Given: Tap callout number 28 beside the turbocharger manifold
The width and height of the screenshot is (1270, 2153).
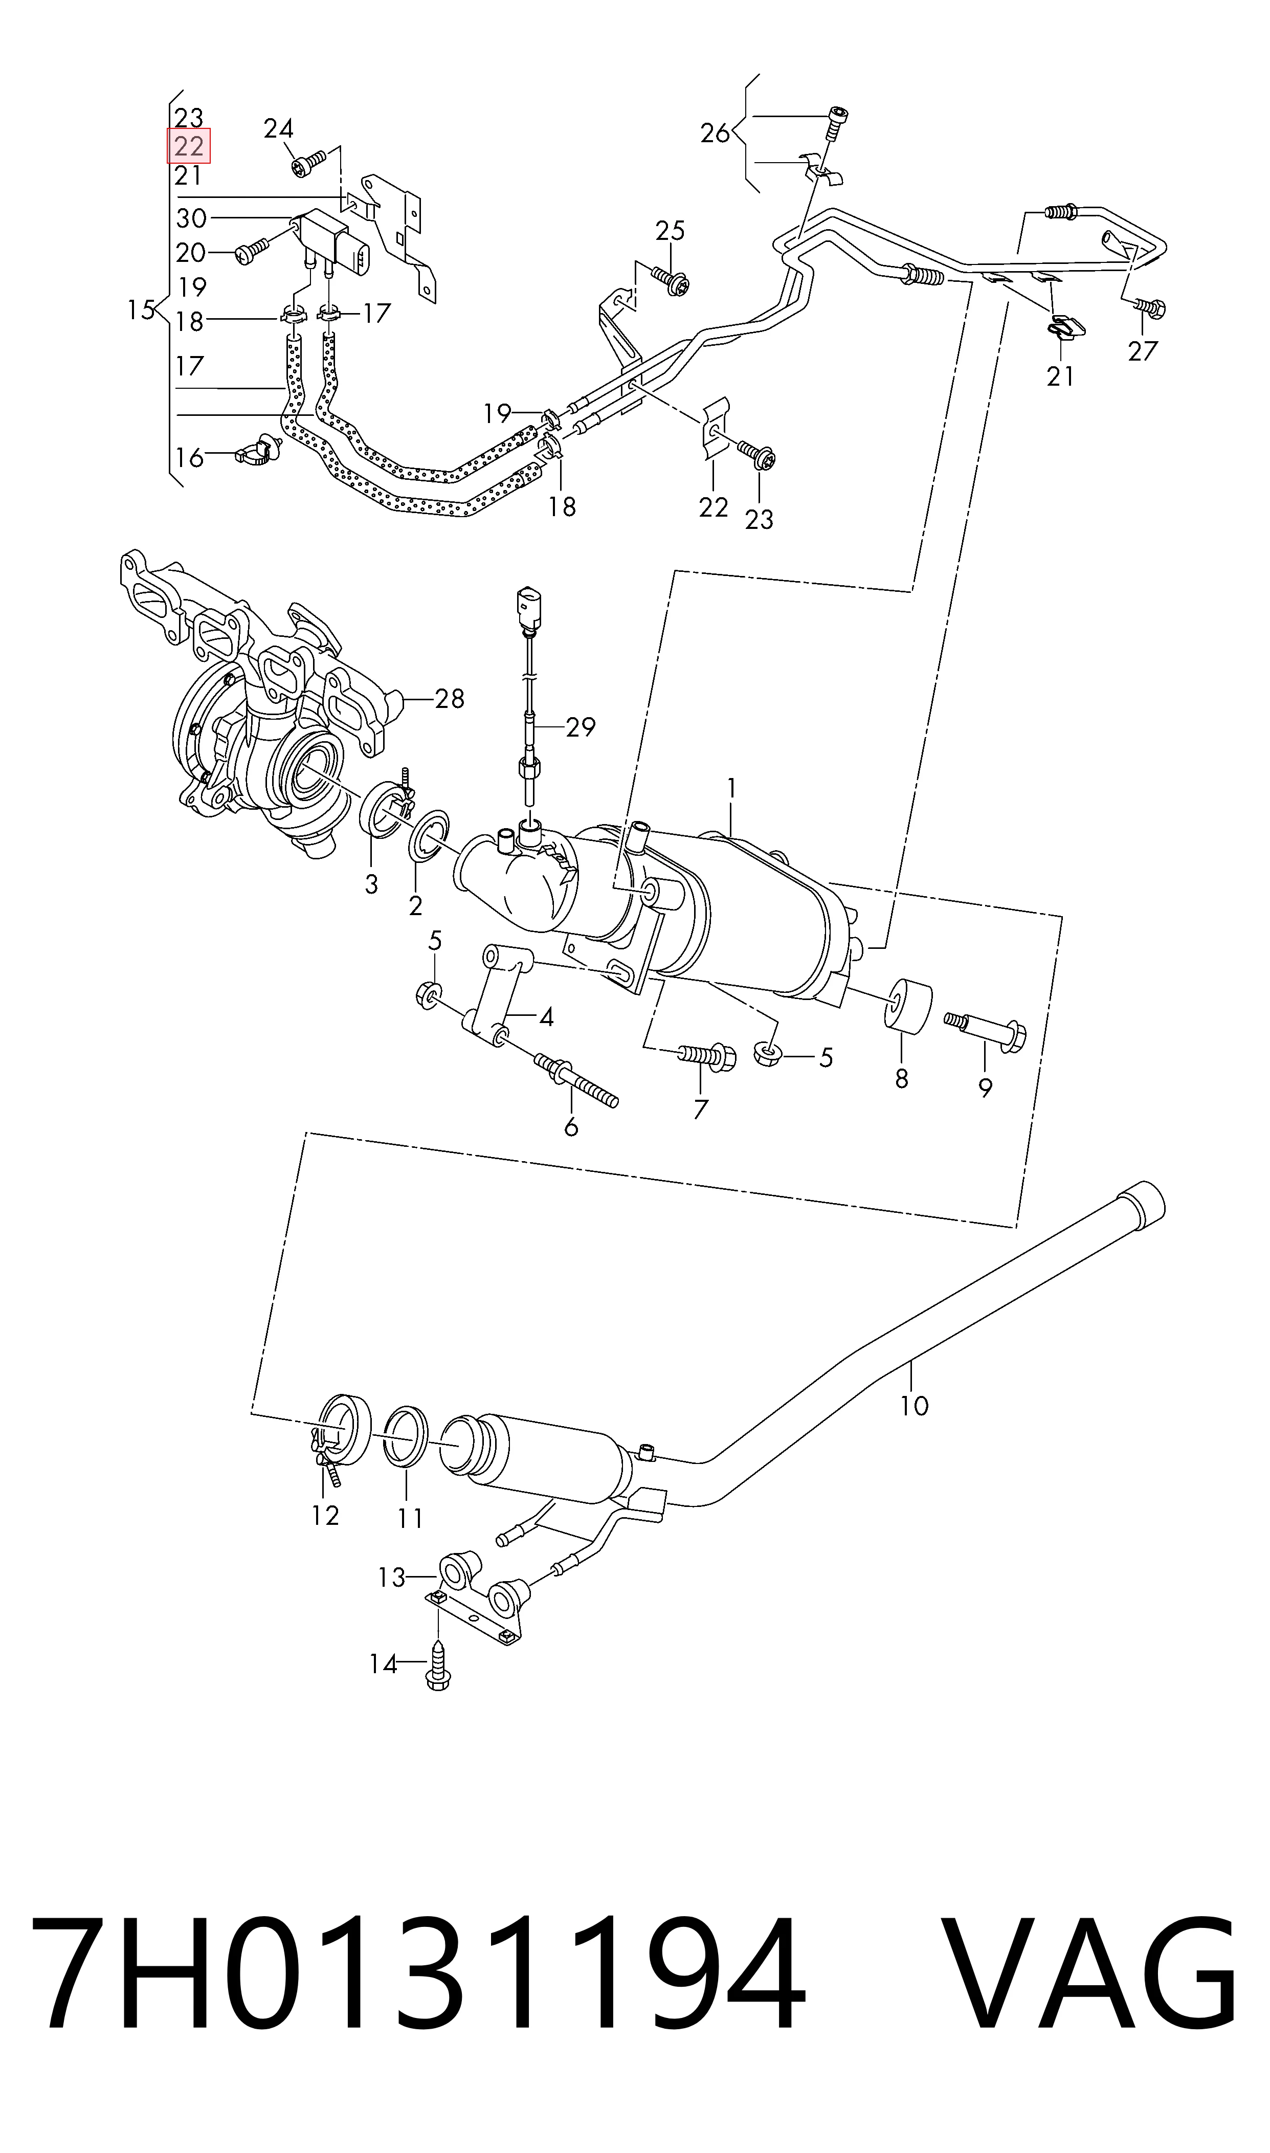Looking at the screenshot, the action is [x=449, y=699].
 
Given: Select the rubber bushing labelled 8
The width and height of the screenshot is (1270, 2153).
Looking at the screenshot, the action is [x=907, y=1006].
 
